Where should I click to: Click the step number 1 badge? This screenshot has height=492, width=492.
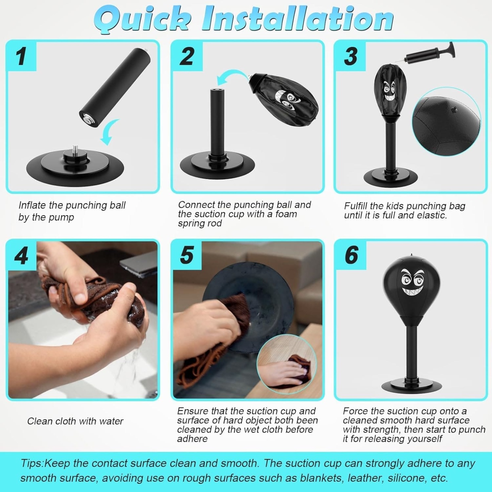(x=21, y=56)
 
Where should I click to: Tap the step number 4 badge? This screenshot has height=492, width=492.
(x=21, y=255)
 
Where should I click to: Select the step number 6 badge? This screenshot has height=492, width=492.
(x=351, y=255)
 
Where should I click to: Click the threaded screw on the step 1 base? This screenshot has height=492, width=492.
(x=75, y=150)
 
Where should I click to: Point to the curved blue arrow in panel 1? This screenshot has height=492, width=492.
(x=109, y=133)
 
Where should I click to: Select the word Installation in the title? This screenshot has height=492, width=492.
(x=298, y=19)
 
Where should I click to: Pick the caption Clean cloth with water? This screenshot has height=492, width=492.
(x=75, y=421)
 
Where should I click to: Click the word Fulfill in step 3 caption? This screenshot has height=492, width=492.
(x=355, y=206)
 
